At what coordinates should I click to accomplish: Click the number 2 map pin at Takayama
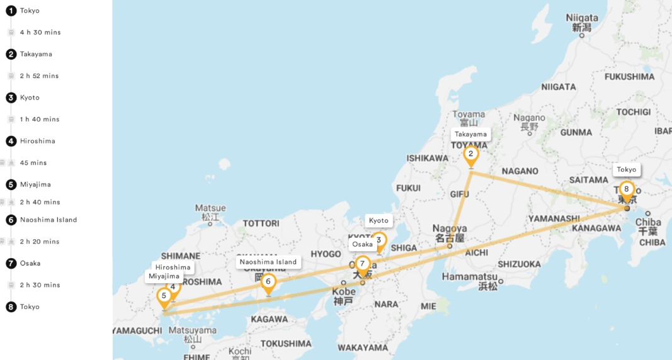[x=470, y=154]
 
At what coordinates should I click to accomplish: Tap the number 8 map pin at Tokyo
[x=626, y=189]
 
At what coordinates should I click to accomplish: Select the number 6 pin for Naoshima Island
[x=268, y=281]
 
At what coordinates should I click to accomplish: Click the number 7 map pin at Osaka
[x=362, y=264]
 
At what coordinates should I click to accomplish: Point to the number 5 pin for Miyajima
[x=164, y=295]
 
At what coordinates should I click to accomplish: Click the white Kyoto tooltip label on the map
[x=379, y=220]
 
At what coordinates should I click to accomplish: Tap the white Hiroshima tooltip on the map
[x=173, y=267]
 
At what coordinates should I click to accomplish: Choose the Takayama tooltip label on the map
[x=470, y=134]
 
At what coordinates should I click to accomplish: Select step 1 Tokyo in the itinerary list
[x=30, y=11]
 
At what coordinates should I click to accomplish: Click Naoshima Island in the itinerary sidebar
[x=48, y=220]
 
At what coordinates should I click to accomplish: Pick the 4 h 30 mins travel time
[x=40, y=32]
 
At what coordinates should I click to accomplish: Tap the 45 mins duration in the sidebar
[x=33, y=162]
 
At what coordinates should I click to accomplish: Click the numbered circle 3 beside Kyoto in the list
[x=11, y=98]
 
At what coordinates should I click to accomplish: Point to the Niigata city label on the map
[x=582, y=18]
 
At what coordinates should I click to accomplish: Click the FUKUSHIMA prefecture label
[x=629, y=77]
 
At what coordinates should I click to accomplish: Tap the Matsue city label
[x=210, y=208]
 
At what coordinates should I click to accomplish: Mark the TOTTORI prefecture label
[x=261, y=223]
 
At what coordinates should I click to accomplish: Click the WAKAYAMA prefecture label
[x=363, y=347]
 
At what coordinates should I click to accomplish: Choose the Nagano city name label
[x=529, y=118]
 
